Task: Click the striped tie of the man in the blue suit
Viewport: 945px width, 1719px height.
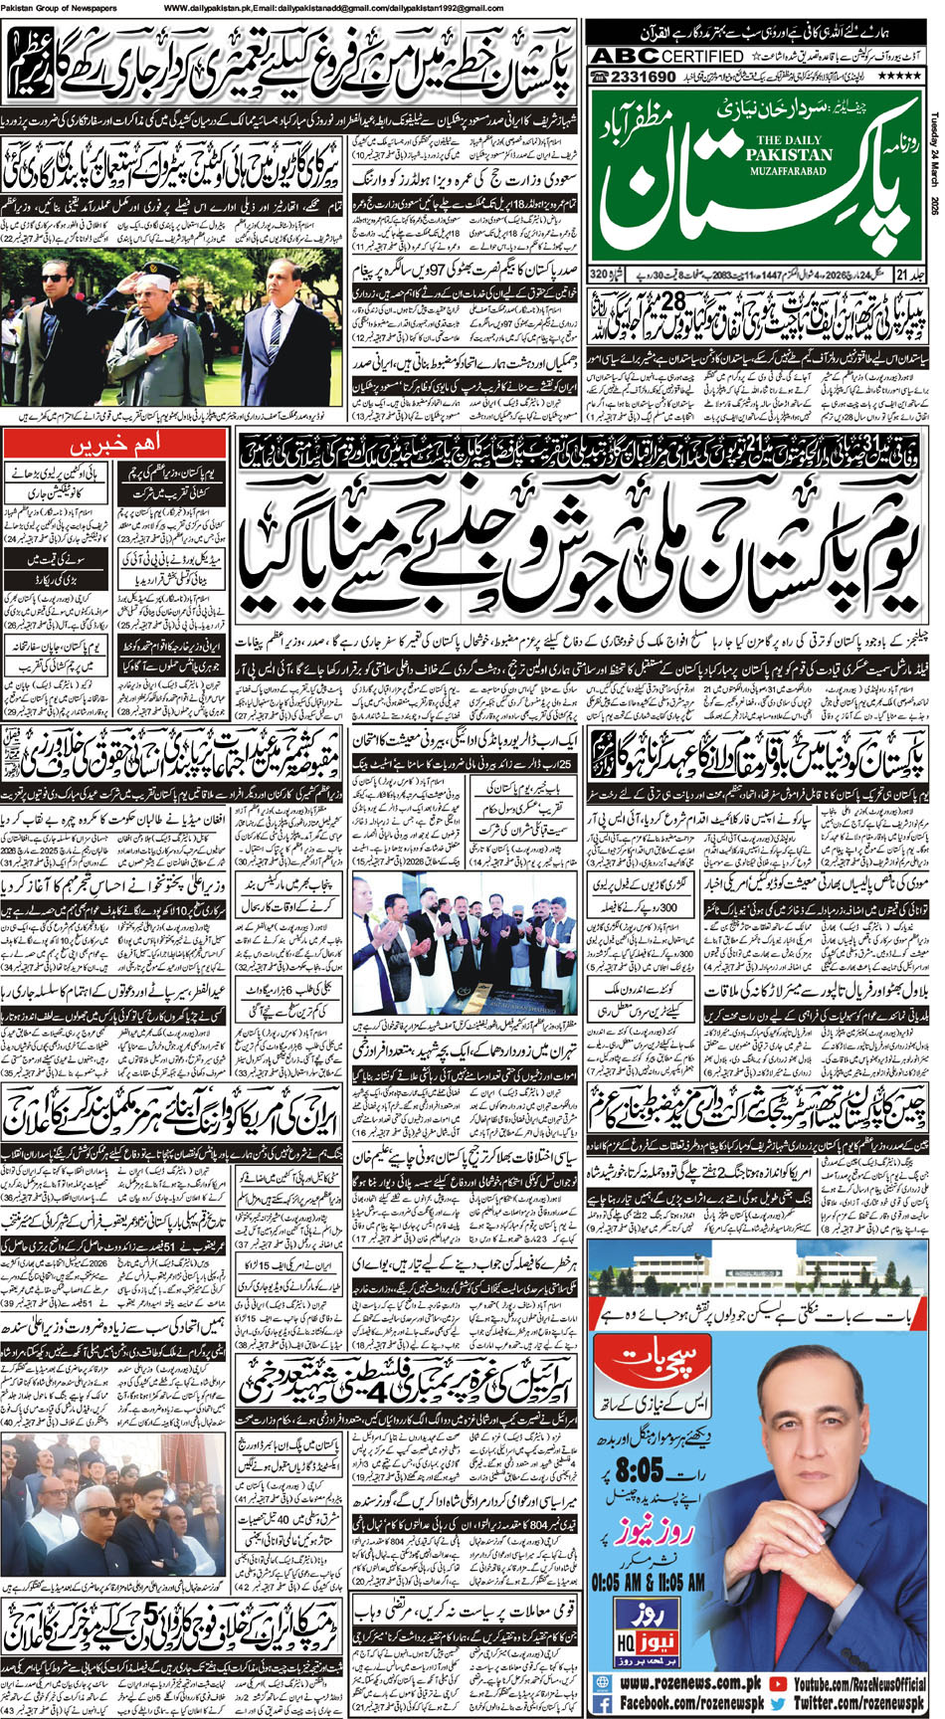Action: [x=277, y=336]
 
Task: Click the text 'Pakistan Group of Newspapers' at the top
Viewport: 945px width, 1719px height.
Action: [x=58, y=8]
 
